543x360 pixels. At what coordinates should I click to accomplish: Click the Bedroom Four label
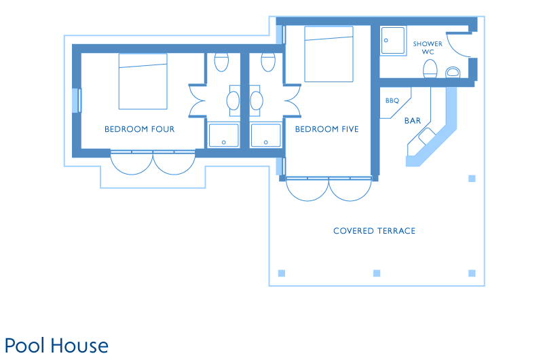[x=140, y=129]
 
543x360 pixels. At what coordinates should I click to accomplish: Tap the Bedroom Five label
[x=326, y=129]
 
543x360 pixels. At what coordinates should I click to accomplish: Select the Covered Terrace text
[x=374, y=231]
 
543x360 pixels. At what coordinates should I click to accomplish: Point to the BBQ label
[x=392, y=101]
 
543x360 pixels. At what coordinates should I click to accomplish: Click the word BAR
[x=413, y=121]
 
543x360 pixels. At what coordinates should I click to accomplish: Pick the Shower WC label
[x=428, y=48]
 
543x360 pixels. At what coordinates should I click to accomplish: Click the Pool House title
[x=56, y=346]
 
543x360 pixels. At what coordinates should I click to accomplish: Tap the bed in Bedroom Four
[x=143, y=82]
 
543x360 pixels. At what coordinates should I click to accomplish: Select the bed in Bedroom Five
[x=329, y=54]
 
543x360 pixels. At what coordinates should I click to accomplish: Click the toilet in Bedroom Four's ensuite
[x=221, y=62]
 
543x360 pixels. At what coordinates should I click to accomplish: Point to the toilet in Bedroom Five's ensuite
[x=268, y=62]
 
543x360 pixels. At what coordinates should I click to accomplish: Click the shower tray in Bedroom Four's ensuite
[x=224, y=135]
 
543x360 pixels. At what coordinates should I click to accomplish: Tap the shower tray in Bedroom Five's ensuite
[x=266, y=135]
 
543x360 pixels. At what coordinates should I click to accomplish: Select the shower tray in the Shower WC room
[x=393, y=41]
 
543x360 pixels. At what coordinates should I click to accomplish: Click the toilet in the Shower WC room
[x=430, y=69]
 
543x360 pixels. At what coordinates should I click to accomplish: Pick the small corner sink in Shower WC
[x=453, y=72]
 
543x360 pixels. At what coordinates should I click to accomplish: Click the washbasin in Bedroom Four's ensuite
[x=233, y=101]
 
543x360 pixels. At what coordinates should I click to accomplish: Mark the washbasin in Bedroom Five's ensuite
[x=257, y=101]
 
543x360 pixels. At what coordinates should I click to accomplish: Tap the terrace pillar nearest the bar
[x=472, y=179]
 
